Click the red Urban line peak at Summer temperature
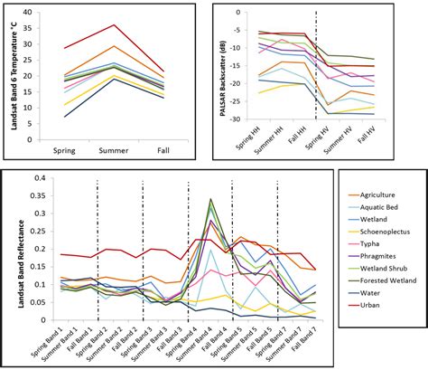113,24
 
